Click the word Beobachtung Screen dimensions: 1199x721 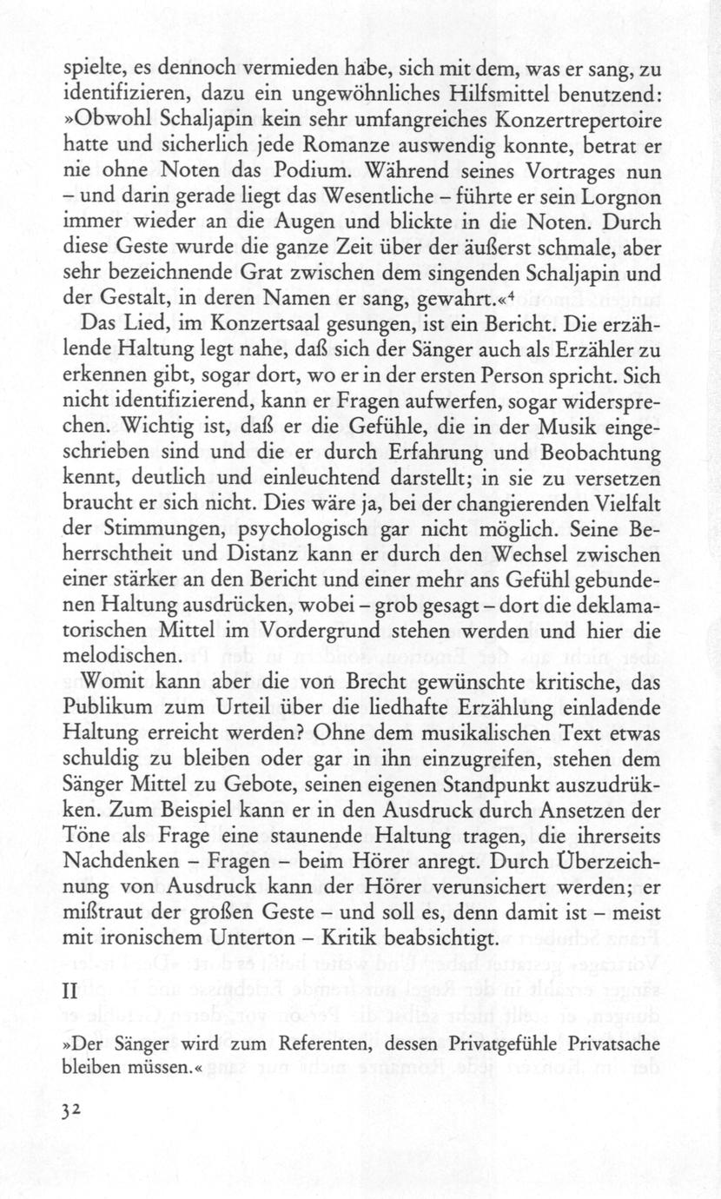[586, 454]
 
